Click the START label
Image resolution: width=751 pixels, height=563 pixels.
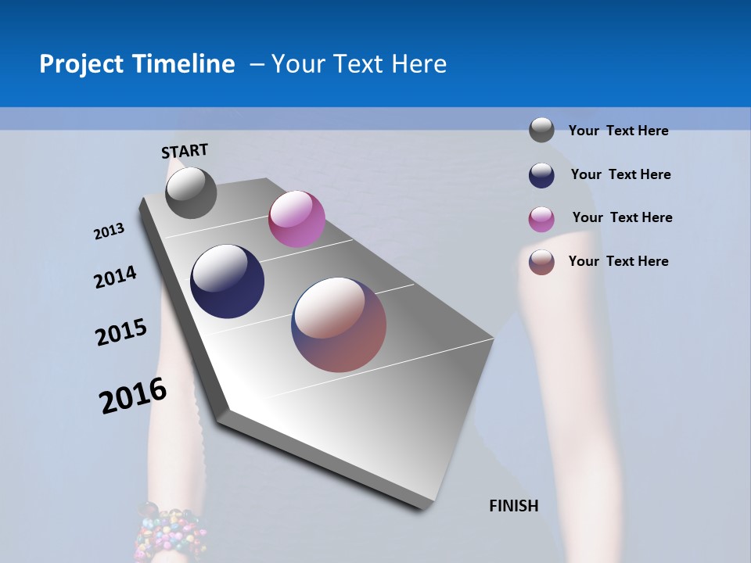pyautogui.click(x=185, y=151)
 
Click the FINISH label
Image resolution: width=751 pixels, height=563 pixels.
pyautogui.click(x=513, y=506)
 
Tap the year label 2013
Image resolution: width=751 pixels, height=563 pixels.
pyautogui.click(x=109, y=231)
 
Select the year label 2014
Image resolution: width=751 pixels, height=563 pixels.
pyautogui.click(x=115, y=277)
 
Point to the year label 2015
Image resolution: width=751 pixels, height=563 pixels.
pyautogui.click(x=121, y=332)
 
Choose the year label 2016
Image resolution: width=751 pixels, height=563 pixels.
pyautogui.click(x=133, y=396)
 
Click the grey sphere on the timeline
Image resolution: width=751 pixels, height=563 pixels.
pyautogui.click(x=191, y=192)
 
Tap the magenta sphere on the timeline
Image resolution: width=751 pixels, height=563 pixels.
pyautogui.click(x=296, y=219)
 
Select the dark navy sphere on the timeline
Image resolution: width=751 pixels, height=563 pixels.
pyautogui.click(x=227, y=281)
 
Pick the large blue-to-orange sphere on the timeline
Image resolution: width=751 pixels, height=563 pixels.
pyautogui.click(x=339, y=325)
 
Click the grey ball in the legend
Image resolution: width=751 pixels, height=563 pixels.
pyautogui.click(x=541, y=130)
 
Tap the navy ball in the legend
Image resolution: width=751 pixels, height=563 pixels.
pyautogui.click(x=541, y=174)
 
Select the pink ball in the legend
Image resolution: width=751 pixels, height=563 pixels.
pyautogui.click(x=541, y=218)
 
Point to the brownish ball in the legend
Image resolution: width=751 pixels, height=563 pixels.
pyautogui.click(x=541, y=261)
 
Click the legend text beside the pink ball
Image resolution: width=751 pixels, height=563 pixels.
pyautogui.click(x=622, y=217)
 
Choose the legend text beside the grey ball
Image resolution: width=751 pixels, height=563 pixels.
pyautogui.click(x=618, y=131)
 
